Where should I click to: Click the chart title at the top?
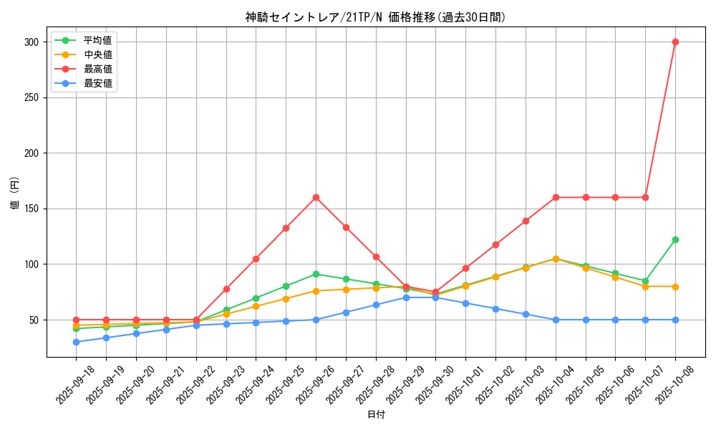[x=375, y=17]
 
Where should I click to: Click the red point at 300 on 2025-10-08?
[x=675, y=42]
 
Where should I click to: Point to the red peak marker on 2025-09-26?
[x=316, y=197]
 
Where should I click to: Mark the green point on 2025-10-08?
[x=675, y=239]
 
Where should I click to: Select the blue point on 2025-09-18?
[x=77, y=342]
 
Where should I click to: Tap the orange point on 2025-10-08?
[x=675, y=287]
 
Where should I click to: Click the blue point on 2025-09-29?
[x=406, y=297]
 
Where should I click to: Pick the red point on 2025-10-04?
[x=556, y=197]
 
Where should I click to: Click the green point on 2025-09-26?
[x=316, y=274]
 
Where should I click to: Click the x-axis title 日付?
[x=376, y=415]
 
